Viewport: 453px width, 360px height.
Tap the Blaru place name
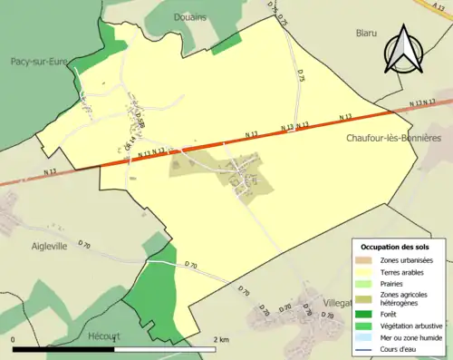click(x=365, y=33)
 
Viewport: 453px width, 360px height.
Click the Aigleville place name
click(x=48, y=247)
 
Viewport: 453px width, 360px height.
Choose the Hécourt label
click(x=105, y=336)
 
